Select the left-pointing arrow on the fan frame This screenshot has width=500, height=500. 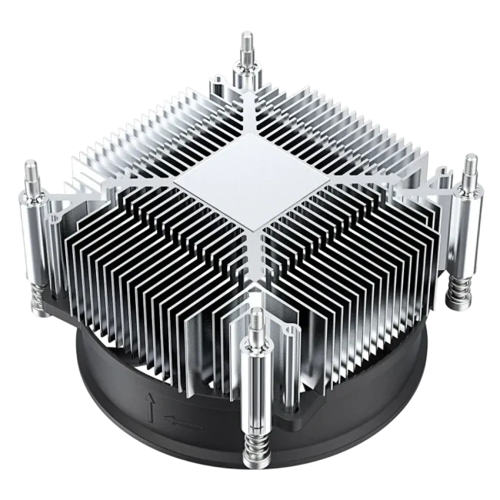[182, 422]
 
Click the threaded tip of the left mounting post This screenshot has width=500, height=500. [30, 167]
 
